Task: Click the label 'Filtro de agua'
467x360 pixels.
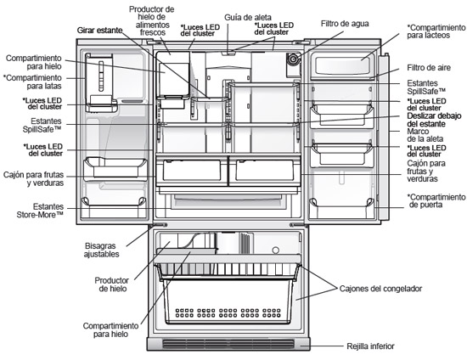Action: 345,24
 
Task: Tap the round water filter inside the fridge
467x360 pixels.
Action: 292,59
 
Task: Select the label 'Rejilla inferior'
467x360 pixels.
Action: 370,346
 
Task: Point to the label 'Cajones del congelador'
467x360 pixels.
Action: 380,289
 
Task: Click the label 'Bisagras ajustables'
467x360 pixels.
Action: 101,250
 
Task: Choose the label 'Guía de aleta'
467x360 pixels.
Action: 248,18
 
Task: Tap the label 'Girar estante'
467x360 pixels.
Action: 100,31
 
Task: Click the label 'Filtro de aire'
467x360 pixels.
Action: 429,68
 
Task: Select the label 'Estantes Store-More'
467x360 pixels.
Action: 40,211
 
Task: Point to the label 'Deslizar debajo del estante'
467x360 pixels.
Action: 434,120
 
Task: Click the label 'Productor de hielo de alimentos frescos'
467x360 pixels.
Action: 152,21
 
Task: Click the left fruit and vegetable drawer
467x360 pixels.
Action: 192,171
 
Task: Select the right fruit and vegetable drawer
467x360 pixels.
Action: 265,171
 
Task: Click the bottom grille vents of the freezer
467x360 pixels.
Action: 228,344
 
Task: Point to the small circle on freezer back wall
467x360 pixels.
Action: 276,250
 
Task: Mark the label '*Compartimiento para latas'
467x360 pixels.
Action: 32,82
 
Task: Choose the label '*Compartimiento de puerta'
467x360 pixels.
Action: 436,200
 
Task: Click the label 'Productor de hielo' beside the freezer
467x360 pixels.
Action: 112,284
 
